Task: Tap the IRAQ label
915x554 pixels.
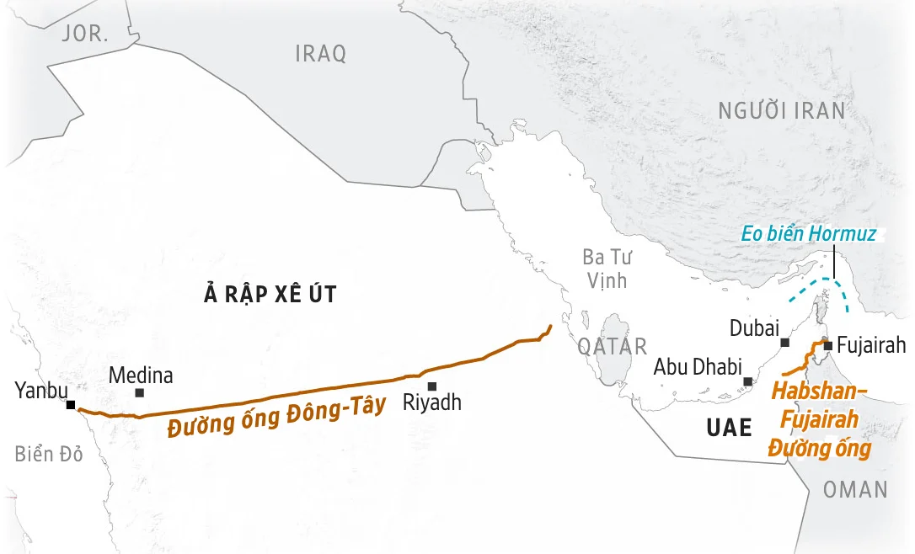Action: click(x=321, y=54)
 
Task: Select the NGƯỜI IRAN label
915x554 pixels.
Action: click(x=781, y=110)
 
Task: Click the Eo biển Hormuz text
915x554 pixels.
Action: click(x=808, y=234)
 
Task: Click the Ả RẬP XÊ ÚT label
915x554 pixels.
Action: click(x=270, y=294)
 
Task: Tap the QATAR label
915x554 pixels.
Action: click(x=613, y=346)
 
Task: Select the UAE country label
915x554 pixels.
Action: click(x=729, y=428)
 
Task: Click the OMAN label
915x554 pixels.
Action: click(x=855, y=489)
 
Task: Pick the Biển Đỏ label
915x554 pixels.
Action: click(x=49, y=455)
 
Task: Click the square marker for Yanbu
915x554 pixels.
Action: click(x=72, y=405)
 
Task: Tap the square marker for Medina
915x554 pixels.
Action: click(x=140, y=392)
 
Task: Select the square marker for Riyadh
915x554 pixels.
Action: click(x=432, y=386)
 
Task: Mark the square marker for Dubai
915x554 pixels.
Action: click(x=785, y=343)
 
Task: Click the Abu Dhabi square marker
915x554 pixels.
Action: click(x=747, y=381)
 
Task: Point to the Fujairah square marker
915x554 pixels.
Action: click(x=828, y=345)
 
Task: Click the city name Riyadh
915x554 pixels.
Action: click(x=432, y=402)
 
